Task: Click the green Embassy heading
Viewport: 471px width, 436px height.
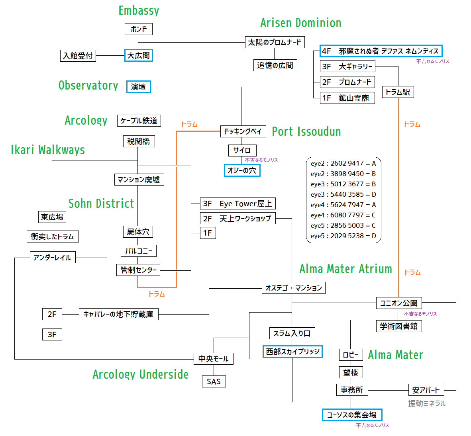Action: click(x=139, y=10)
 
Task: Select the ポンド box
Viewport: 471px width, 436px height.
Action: click(x=139, y=29)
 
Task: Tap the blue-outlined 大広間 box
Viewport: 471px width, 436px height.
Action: click(x=139, y=55)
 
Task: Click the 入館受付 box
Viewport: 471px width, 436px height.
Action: click(x=78, y=56)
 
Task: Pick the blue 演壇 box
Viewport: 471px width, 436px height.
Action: click(x=139, y=87)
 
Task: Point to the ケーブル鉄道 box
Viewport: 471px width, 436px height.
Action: click(x=139, y=121)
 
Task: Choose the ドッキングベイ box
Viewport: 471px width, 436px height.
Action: click(x=243, y=131)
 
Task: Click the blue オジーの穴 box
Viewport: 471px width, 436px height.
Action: click(x=242, y=170)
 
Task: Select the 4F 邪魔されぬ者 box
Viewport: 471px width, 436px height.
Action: click(x=381, y=51)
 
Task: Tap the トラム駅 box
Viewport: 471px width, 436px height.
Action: click(x=398, y=92)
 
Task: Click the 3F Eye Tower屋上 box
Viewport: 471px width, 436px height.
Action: click(x=237, y=203)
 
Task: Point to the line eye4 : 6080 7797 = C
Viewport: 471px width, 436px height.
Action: click(x=343, y=215)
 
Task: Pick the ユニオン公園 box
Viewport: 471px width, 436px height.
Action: click(x=399, y=303)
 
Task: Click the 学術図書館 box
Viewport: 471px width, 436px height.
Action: click(x=399, y=326)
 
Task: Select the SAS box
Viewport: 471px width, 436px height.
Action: click(x=214, y=382)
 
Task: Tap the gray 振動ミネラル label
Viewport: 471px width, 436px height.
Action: click(x=427, y=404)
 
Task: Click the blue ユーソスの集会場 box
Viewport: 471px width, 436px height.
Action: click(x=352, y=415)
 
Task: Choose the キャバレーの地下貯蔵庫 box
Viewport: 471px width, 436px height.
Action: click(x=119, y=314)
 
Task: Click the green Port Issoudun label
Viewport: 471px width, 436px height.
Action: click(x=306, y=131)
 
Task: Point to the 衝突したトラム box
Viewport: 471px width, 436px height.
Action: click(x=53, y=237)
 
